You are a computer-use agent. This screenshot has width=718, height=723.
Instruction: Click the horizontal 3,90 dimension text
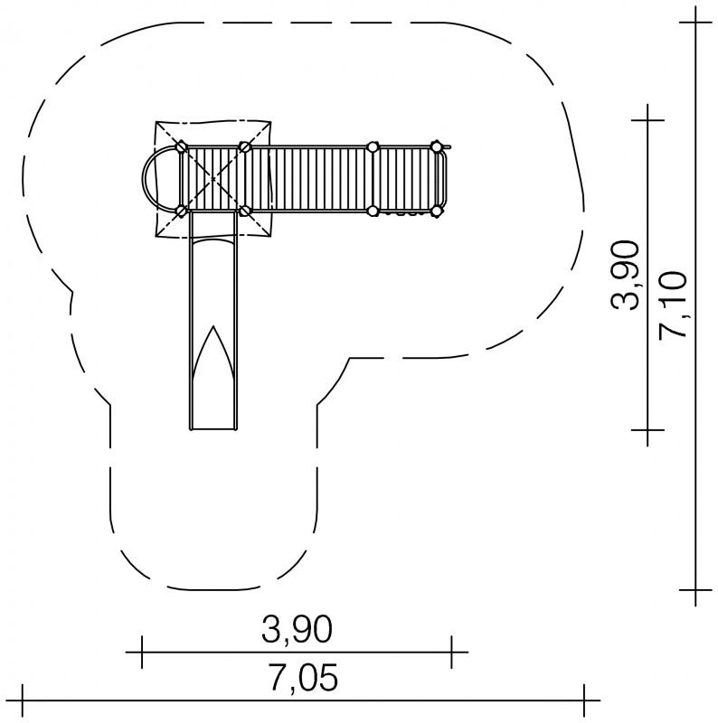(297, 630)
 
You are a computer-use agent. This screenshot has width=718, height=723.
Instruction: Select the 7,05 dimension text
(304, 677)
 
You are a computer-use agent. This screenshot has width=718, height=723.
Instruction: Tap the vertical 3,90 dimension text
(625, 276)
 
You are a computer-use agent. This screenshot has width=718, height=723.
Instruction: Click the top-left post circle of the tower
(182, 147)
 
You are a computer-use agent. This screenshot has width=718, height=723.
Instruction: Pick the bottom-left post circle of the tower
(182, 211)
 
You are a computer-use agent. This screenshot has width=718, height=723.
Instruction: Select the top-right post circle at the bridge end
(436, 147)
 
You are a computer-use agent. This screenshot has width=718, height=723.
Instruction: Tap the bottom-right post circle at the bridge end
(436, 211)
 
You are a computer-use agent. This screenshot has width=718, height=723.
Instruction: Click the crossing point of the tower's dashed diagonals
(213, 179)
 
